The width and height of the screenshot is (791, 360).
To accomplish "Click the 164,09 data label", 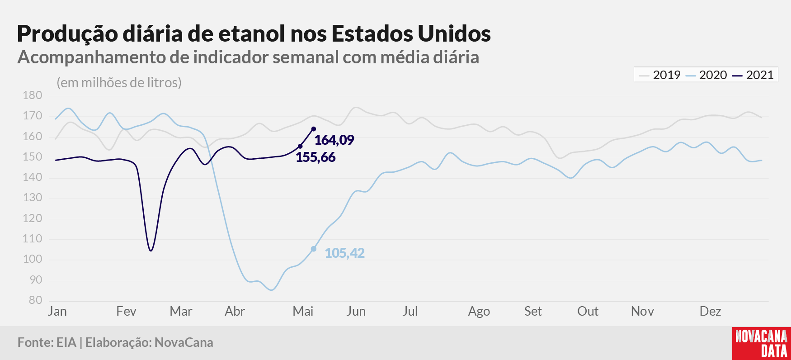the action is pos(334,140).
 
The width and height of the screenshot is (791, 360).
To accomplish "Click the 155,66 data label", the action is pos(315,157).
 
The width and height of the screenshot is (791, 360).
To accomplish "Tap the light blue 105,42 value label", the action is pos(344,253).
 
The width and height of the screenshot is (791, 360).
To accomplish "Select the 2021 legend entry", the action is pos(753,75).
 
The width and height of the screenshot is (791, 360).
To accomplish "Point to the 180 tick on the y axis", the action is pos(32,95).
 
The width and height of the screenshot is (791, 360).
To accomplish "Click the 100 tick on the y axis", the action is pos(32,259).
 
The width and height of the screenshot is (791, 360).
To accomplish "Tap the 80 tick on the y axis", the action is pos(35,300).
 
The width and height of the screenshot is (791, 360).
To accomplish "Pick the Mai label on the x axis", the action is pos(303,311).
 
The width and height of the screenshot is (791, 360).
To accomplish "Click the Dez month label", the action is pos(710,311).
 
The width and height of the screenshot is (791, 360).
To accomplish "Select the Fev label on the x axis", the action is pos(126,311).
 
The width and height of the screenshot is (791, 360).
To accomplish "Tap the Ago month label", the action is pos(479,312).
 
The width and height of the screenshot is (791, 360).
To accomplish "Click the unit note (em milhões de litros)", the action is pos(119,83).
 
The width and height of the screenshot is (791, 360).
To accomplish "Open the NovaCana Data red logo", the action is pos(762,343).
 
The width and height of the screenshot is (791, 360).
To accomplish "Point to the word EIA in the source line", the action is pos(66,342).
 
